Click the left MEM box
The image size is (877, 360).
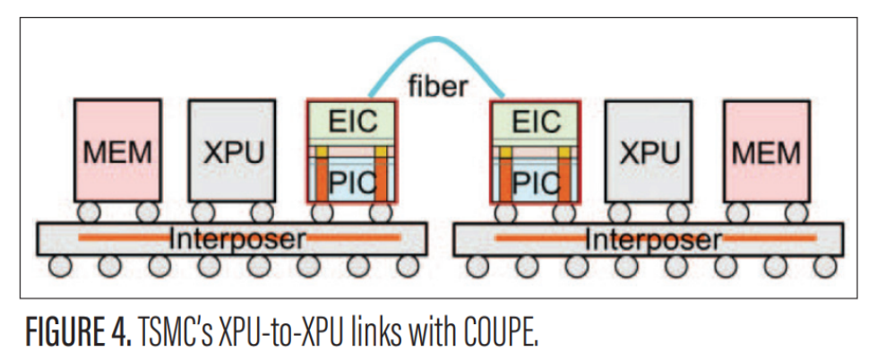[116, 150]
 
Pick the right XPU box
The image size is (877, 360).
[649, 150]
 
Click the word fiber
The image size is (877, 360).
[438, 88]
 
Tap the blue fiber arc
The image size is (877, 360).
[436, 39]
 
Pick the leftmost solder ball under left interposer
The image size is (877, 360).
[60, 266]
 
